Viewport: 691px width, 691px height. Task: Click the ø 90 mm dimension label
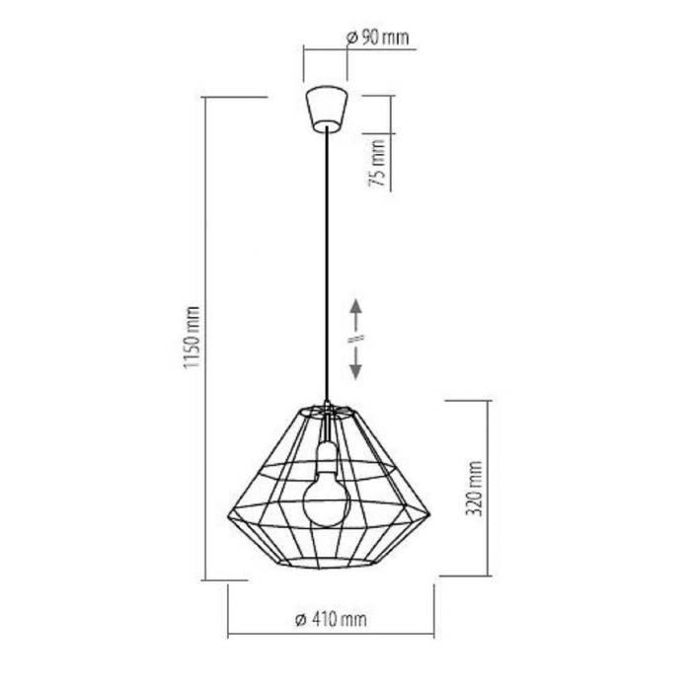pyautogui.click(x=378, y=38)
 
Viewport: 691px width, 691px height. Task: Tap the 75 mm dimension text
pyautogui.click(x=377, y=163)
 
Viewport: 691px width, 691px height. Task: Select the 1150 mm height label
pyautogui.click(x=192, y=338)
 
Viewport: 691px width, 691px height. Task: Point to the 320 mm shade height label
pyautogui.click(x=474, y=488)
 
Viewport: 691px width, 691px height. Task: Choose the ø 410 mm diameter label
pyautogui.click(x=331, y=619)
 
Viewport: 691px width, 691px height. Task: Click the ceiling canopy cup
pyautogui.click(x=327, y=110)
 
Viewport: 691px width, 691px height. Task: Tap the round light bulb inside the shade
pyautogui.click(x=327, y=501)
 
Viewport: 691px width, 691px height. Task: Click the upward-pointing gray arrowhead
pyautogui.click(x=356, y=306)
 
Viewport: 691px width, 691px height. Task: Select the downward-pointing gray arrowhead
pyautogui.click(x=356, y=372)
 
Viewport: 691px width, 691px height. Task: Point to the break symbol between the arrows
pyautogui.click(x=356, y=338)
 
